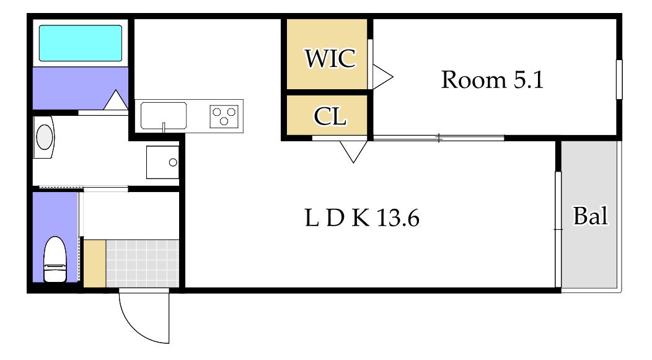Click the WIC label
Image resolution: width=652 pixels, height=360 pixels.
(330, 58)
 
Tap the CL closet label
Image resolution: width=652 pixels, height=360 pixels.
(330, 116)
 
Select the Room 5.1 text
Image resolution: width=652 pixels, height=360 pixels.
(492, 79)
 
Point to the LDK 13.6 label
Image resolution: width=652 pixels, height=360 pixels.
(362, 218)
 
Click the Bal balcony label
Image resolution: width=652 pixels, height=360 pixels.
(591, 216)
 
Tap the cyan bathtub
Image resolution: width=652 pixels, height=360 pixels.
(81, 43)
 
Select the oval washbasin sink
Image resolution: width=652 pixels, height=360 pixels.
(45, 137)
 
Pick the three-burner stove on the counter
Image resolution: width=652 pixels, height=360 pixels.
(224, 116)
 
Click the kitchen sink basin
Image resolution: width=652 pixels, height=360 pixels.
(164, 116)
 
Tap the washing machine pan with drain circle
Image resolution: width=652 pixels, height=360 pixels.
(162, 162)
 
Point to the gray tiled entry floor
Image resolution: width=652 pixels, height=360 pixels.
(142, 263)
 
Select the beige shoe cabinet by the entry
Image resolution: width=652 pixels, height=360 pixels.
(95, 263)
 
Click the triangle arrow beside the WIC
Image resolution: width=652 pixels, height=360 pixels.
(382, 77)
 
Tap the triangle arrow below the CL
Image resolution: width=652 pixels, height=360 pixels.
(353, 152)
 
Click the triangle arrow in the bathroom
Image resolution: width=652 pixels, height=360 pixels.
(116, 100)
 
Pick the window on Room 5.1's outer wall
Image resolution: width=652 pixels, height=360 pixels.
(619, 79)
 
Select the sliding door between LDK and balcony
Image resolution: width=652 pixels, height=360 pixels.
(558, 229)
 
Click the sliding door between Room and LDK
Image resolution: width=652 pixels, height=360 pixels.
(439, 138)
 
